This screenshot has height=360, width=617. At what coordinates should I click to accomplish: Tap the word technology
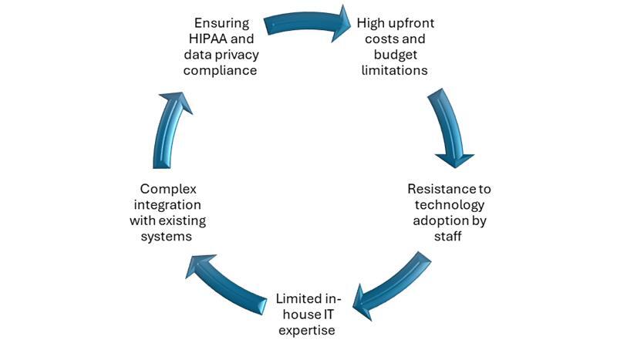tap(450, 204)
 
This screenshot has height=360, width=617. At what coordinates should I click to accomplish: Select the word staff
tap(450, 237)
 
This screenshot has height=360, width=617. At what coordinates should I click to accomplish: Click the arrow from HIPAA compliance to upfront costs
tap(306, 23)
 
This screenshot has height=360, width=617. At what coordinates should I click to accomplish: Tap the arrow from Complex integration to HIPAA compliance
tap(171, 127)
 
